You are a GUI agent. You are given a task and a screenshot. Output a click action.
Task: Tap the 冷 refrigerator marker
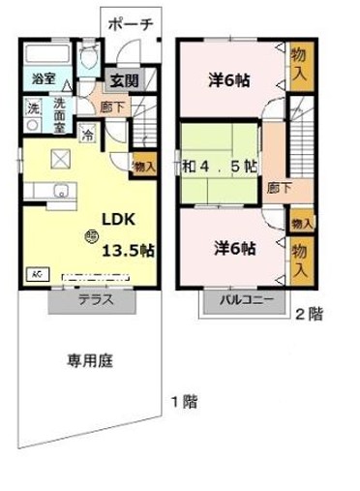click(x=88, y=135)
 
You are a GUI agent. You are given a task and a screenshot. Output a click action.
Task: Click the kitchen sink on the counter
click(x=57, y=190)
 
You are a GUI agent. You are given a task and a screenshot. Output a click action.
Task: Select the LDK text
click(x=108, y=218)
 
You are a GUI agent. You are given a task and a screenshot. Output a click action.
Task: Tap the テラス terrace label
click(x=96, y=299)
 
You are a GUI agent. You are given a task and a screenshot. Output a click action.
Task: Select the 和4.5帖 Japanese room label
click(x=220, y=166)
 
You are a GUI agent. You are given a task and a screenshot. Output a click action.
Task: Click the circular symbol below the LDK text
click(x=90, y=232)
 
